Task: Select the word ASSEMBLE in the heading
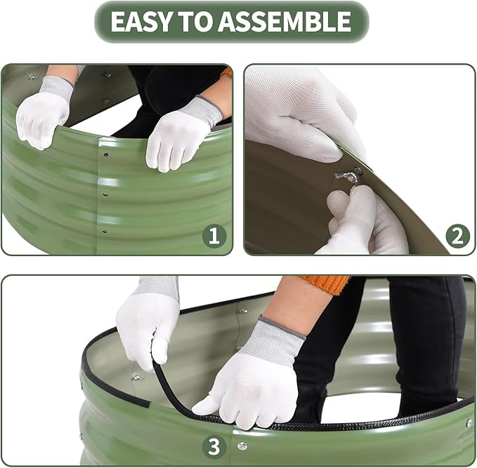(x=285, y=21)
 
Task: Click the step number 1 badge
(x=214, y=236)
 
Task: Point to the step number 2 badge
(x=457, y=236)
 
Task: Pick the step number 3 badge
(x=214, y=447)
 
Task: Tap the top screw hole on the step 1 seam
(x=106, y=154)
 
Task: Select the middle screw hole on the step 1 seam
(x=105, y=194)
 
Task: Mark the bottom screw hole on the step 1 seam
(x=105, y=232)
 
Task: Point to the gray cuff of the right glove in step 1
(x=205, y=109)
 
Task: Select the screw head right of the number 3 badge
(x=242, y=446)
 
